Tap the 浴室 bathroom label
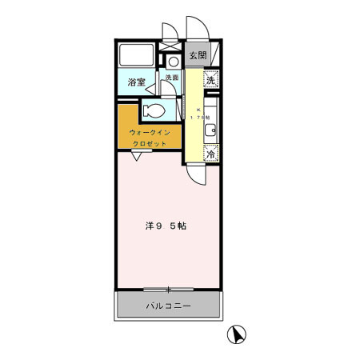point(136,82)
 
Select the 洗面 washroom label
point(171,78)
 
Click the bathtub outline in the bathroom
point(136,57)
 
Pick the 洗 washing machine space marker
point(210,79)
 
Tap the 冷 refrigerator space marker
point(210,154)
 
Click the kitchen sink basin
point(210,130)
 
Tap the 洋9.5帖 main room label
point(166,226)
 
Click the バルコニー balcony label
point(168,306)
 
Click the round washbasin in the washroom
point(173,61)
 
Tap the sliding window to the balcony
point(168,289)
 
